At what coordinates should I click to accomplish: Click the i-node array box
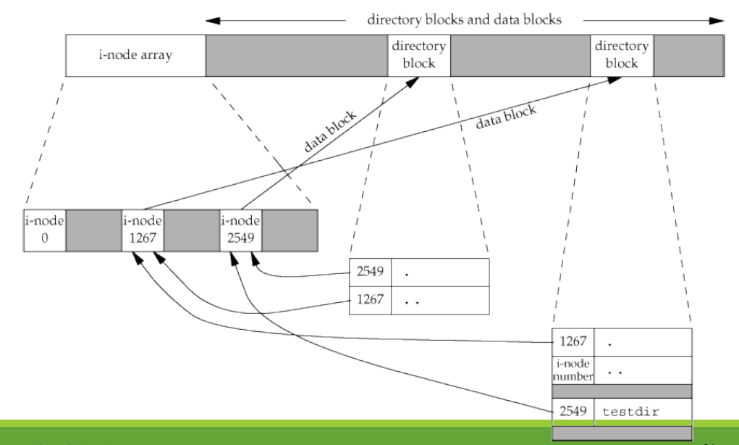tap(135, 55)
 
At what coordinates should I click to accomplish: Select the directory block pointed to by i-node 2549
tap(418, 55)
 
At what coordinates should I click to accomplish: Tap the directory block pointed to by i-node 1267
tap(621, 55)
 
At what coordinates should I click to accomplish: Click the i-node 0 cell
tap(44, 230)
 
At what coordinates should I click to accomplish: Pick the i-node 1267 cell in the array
tap(143, 230)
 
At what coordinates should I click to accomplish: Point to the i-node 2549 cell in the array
tap(240, 230)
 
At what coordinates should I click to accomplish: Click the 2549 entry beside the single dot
tap(371, 274)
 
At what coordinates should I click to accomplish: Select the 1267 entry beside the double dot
tap(371, 299)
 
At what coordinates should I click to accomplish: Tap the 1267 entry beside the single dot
tap(573, 341)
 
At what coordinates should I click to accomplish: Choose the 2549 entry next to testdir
tap(573, 412)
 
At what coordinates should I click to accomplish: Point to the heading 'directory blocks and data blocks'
tap(464, 20)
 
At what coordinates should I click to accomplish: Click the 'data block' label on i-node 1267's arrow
tap(507, 116)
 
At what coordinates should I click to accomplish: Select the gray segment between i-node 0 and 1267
tap(93, 230)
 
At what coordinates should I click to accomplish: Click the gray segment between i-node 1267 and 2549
tap(191, 230)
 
